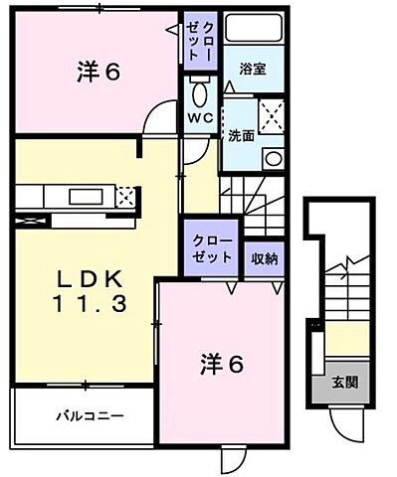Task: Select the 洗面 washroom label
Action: click(x=242, y=136)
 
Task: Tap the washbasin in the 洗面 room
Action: click(x=271, y=158)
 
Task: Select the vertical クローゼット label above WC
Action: click(x=193, y=39)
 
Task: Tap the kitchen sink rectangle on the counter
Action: click(x=68, y=195)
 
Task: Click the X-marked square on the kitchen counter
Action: click(x=124, y=196)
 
